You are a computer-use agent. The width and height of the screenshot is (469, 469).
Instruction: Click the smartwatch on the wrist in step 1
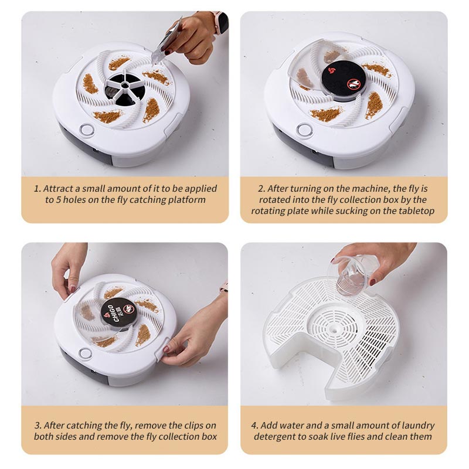click(x=222, y=22)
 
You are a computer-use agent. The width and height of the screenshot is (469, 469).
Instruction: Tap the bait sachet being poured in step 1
click(x=166, y=41)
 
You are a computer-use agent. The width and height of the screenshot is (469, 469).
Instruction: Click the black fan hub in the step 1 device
click(x=125, y=89)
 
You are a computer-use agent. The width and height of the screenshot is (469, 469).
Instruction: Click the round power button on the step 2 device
click(x=304, y=130)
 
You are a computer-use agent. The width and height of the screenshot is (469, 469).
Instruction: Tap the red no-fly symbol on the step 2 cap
click(x=354, y=84)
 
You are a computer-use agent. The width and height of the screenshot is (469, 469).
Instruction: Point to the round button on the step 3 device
click(x=85, y=354)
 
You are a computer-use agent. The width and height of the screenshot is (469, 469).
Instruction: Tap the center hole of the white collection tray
click(x=334, y=328)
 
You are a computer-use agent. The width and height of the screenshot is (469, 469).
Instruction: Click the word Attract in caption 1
click(x=58, y=189)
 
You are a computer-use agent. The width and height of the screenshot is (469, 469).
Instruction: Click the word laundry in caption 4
click(x=417, y=426)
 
